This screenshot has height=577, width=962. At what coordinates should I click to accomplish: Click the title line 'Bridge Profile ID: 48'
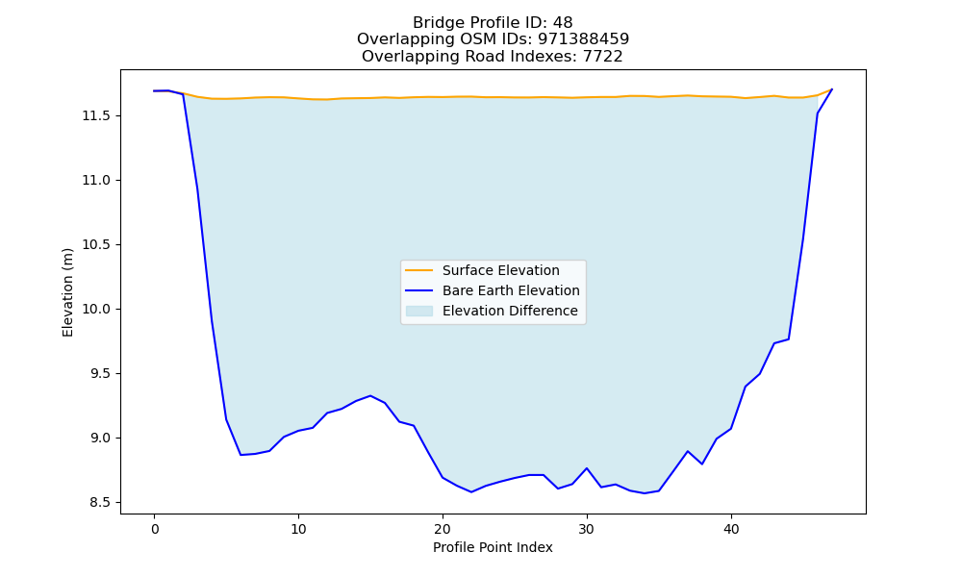pyautogui.click(x=493, y=23)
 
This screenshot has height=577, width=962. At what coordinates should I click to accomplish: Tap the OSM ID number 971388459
pyautogui.click(x=584, y=39)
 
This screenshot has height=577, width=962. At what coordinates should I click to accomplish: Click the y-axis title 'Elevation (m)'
pyautogui.click(x=67, y=292)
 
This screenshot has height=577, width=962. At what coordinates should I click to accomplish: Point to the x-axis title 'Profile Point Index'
pyautogui.click(x=493, y=547)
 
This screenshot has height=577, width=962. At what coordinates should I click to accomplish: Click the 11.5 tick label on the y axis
pyautogui.click(x=97, y=116)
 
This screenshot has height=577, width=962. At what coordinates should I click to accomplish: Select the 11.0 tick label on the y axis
pyautogui.click(x=97, y=180)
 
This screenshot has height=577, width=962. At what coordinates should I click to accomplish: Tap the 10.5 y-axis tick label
pyautogui.click(x=97, y=244)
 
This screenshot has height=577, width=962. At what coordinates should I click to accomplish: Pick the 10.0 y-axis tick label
pyautogui.click(x=97, y=309)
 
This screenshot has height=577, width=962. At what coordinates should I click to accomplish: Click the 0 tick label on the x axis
pyautogui.click(x=154, y=529)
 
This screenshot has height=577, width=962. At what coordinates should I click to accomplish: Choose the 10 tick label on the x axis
pyautogui.click(x=298, y=529)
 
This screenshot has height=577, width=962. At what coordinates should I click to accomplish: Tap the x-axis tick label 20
pyautogui.click(x=443, y=529)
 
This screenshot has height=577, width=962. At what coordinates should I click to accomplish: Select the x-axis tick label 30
pyautogui.click(x=587, y=529)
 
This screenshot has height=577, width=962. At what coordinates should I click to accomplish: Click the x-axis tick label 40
pyautogui.click(x=731, y=529)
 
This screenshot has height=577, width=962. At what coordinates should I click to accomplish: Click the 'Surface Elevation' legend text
pyautogui.click(x=500, y=270)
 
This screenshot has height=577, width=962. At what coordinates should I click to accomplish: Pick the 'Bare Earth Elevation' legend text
pyautogui.click(x=511, y=290)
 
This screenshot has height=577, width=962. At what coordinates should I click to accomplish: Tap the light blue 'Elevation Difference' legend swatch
pyautogui.click(x=419, y=311)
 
